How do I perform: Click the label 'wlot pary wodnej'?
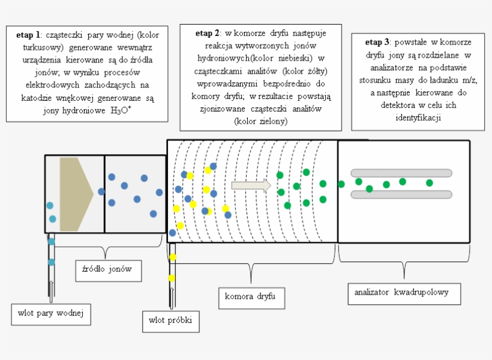(x=51, y=313)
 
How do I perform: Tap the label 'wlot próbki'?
(x=170, y=320)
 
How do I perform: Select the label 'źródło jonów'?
(x=107, y=269)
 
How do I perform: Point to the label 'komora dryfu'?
(x=245, y=296)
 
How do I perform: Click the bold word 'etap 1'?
(x=28, y=35)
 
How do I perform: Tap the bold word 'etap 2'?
(x=208, y=34)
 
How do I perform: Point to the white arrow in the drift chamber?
(x=251, y=185)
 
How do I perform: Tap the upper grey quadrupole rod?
(x=401, y=173)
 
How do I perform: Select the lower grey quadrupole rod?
(x=401, y=194)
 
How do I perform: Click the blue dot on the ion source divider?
(x=101, y=191)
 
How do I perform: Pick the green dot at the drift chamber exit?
(x=341, y=184)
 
